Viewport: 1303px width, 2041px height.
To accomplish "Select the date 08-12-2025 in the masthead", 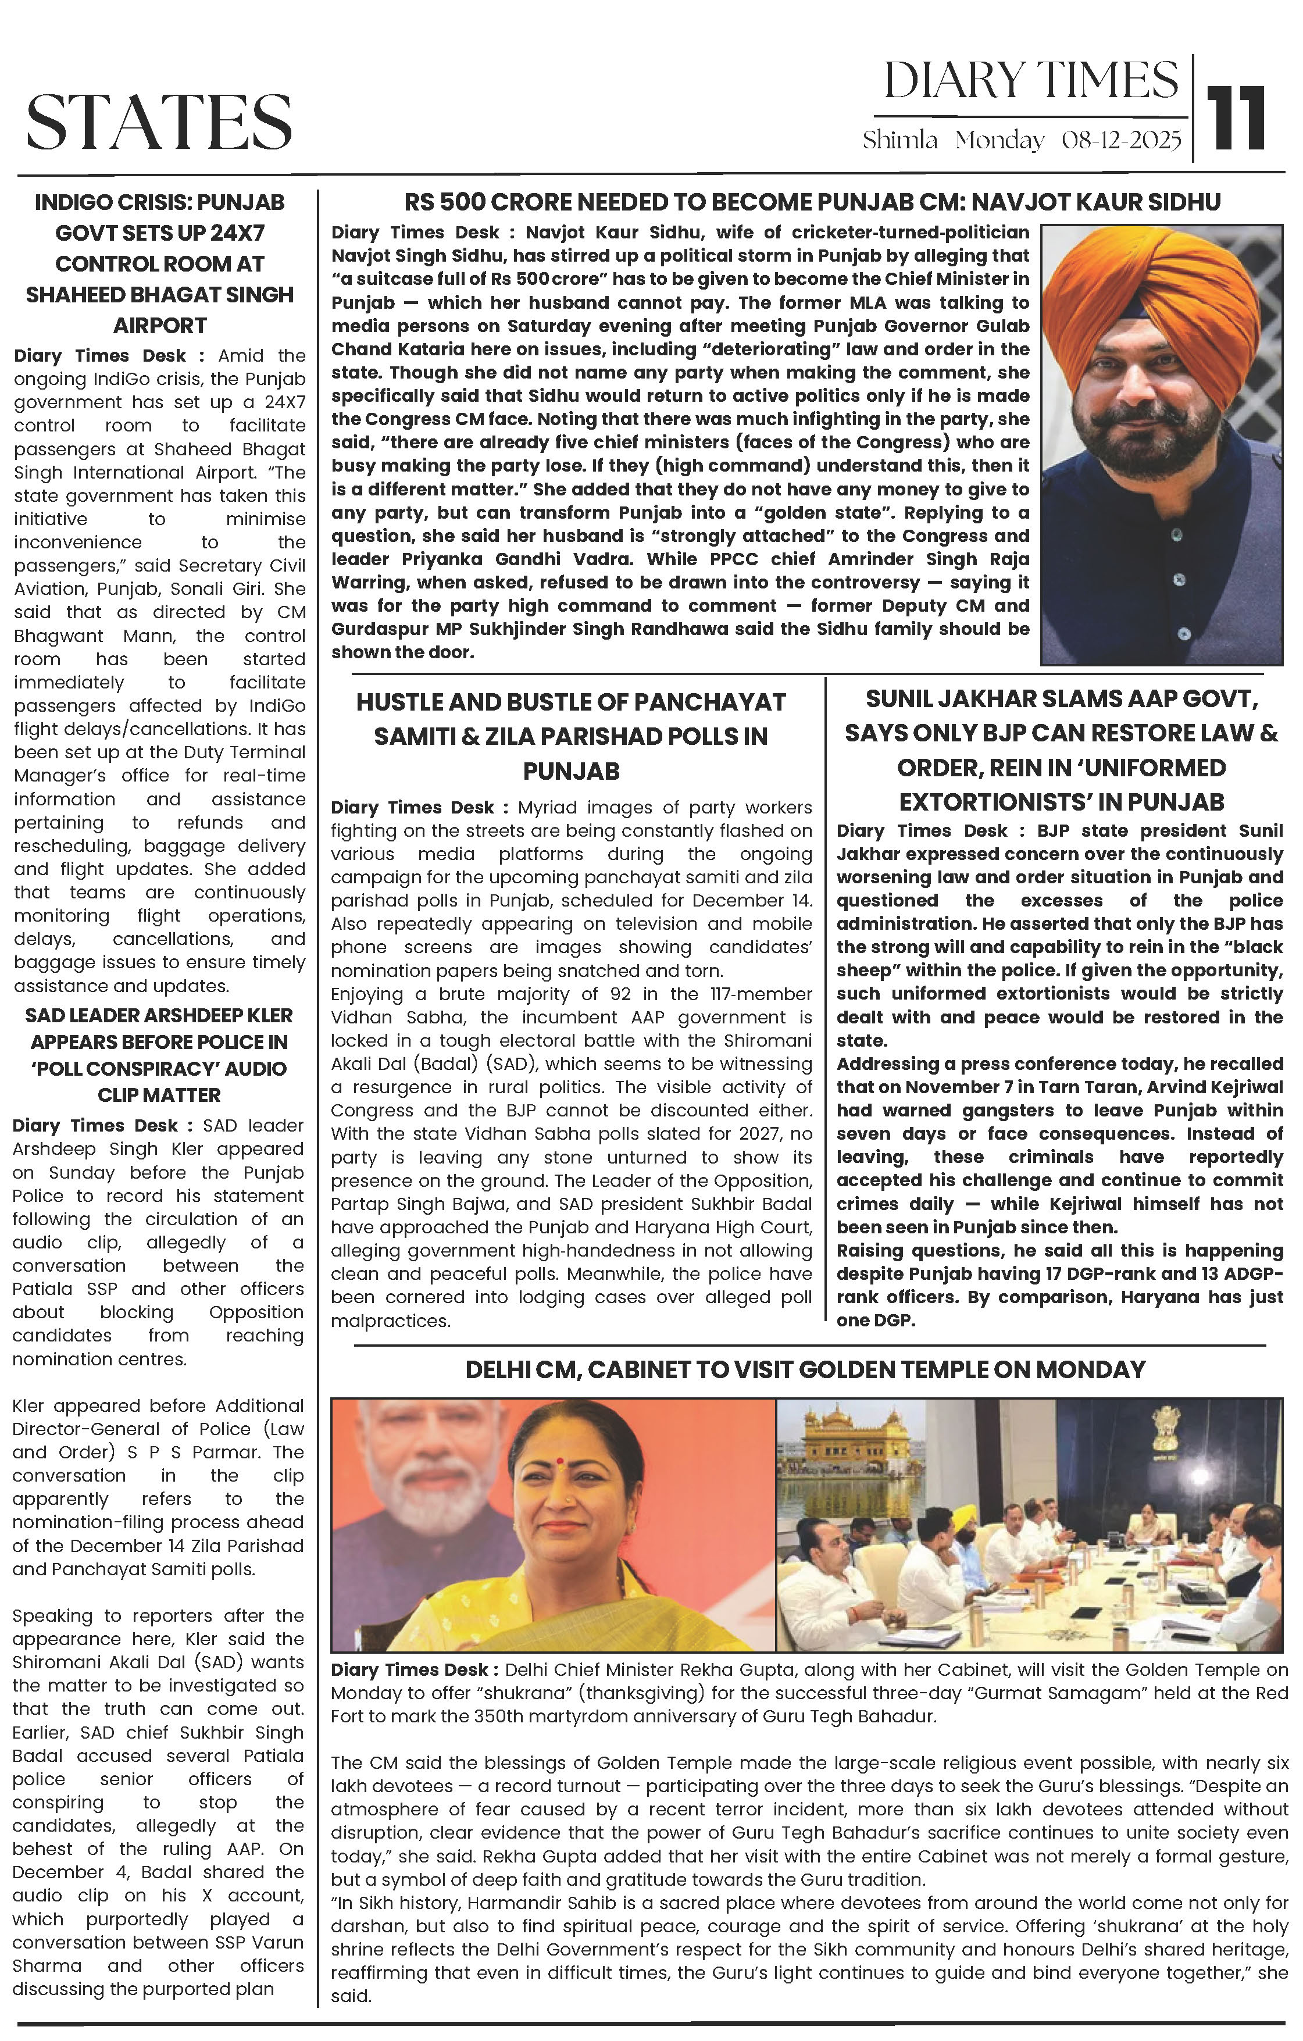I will coord(1121,141).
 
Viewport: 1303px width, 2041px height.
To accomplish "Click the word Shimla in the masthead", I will coord(899,141).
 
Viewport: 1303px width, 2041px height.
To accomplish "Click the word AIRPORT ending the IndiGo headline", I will coord(159,326).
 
